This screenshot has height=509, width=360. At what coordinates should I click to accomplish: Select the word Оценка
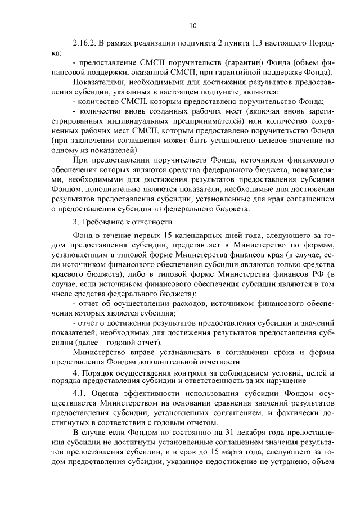pos(112,394)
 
